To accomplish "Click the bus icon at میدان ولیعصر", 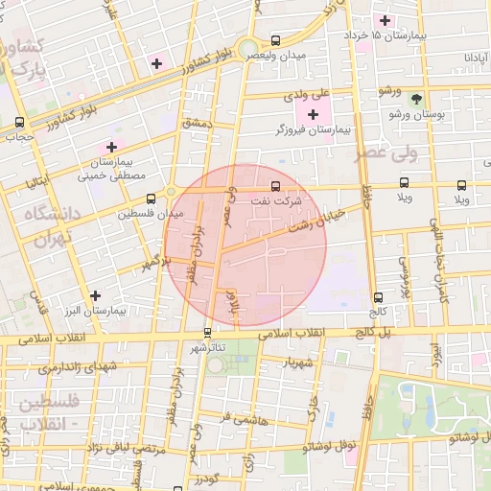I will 276,41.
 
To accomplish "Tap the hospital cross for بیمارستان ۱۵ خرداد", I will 386,20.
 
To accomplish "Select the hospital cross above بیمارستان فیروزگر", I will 313,114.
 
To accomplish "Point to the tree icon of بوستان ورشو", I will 415,99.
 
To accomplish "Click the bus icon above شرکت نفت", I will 276,186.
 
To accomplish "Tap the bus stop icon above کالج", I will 379,297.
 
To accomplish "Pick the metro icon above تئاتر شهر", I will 206,333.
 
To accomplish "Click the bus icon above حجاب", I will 20,123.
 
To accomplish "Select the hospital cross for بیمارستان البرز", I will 94,296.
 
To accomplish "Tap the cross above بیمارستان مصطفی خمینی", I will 111,147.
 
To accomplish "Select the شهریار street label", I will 299,362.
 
